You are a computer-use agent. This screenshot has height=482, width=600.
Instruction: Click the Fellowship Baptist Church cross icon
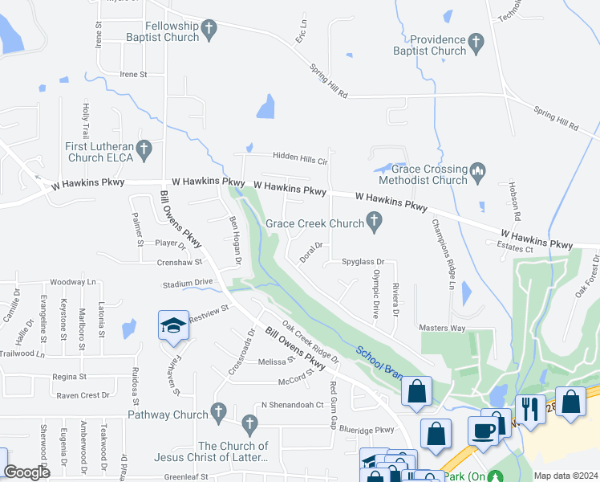(x=209, y=31)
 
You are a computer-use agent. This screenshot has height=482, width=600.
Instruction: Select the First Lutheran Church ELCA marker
(x=144, y=149)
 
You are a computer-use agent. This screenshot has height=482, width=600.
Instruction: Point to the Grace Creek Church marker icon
(x=374, y=219)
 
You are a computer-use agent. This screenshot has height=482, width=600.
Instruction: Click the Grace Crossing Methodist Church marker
(x=478, y=171)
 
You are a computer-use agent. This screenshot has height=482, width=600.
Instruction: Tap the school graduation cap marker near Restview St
(x=173, y=326)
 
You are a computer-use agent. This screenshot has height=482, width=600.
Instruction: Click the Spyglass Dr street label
(x=363, y=262)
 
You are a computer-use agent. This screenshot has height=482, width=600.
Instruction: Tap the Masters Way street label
(x=442, y=328)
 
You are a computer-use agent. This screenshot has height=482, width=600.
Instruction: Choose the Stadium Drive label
(x=188, y=284)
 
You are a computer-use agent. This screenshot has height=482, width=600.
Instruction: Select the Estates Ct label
(x=517, y=250)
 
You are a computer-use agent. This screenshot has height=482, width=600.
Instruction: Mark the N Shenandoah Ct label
(x=292, y=405)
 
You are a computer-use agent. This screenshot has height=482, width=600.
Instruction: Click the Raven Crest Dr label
(x=83, y=395)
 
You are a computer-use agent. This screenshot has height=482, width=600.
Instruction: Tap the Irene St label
(x=133, y=74)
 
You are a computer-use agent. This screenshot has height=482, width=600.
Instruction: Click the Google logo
(x=27, y=472)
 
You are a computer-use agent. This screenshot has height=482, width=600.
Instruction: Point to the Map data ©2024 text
(x=566, y=475)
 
